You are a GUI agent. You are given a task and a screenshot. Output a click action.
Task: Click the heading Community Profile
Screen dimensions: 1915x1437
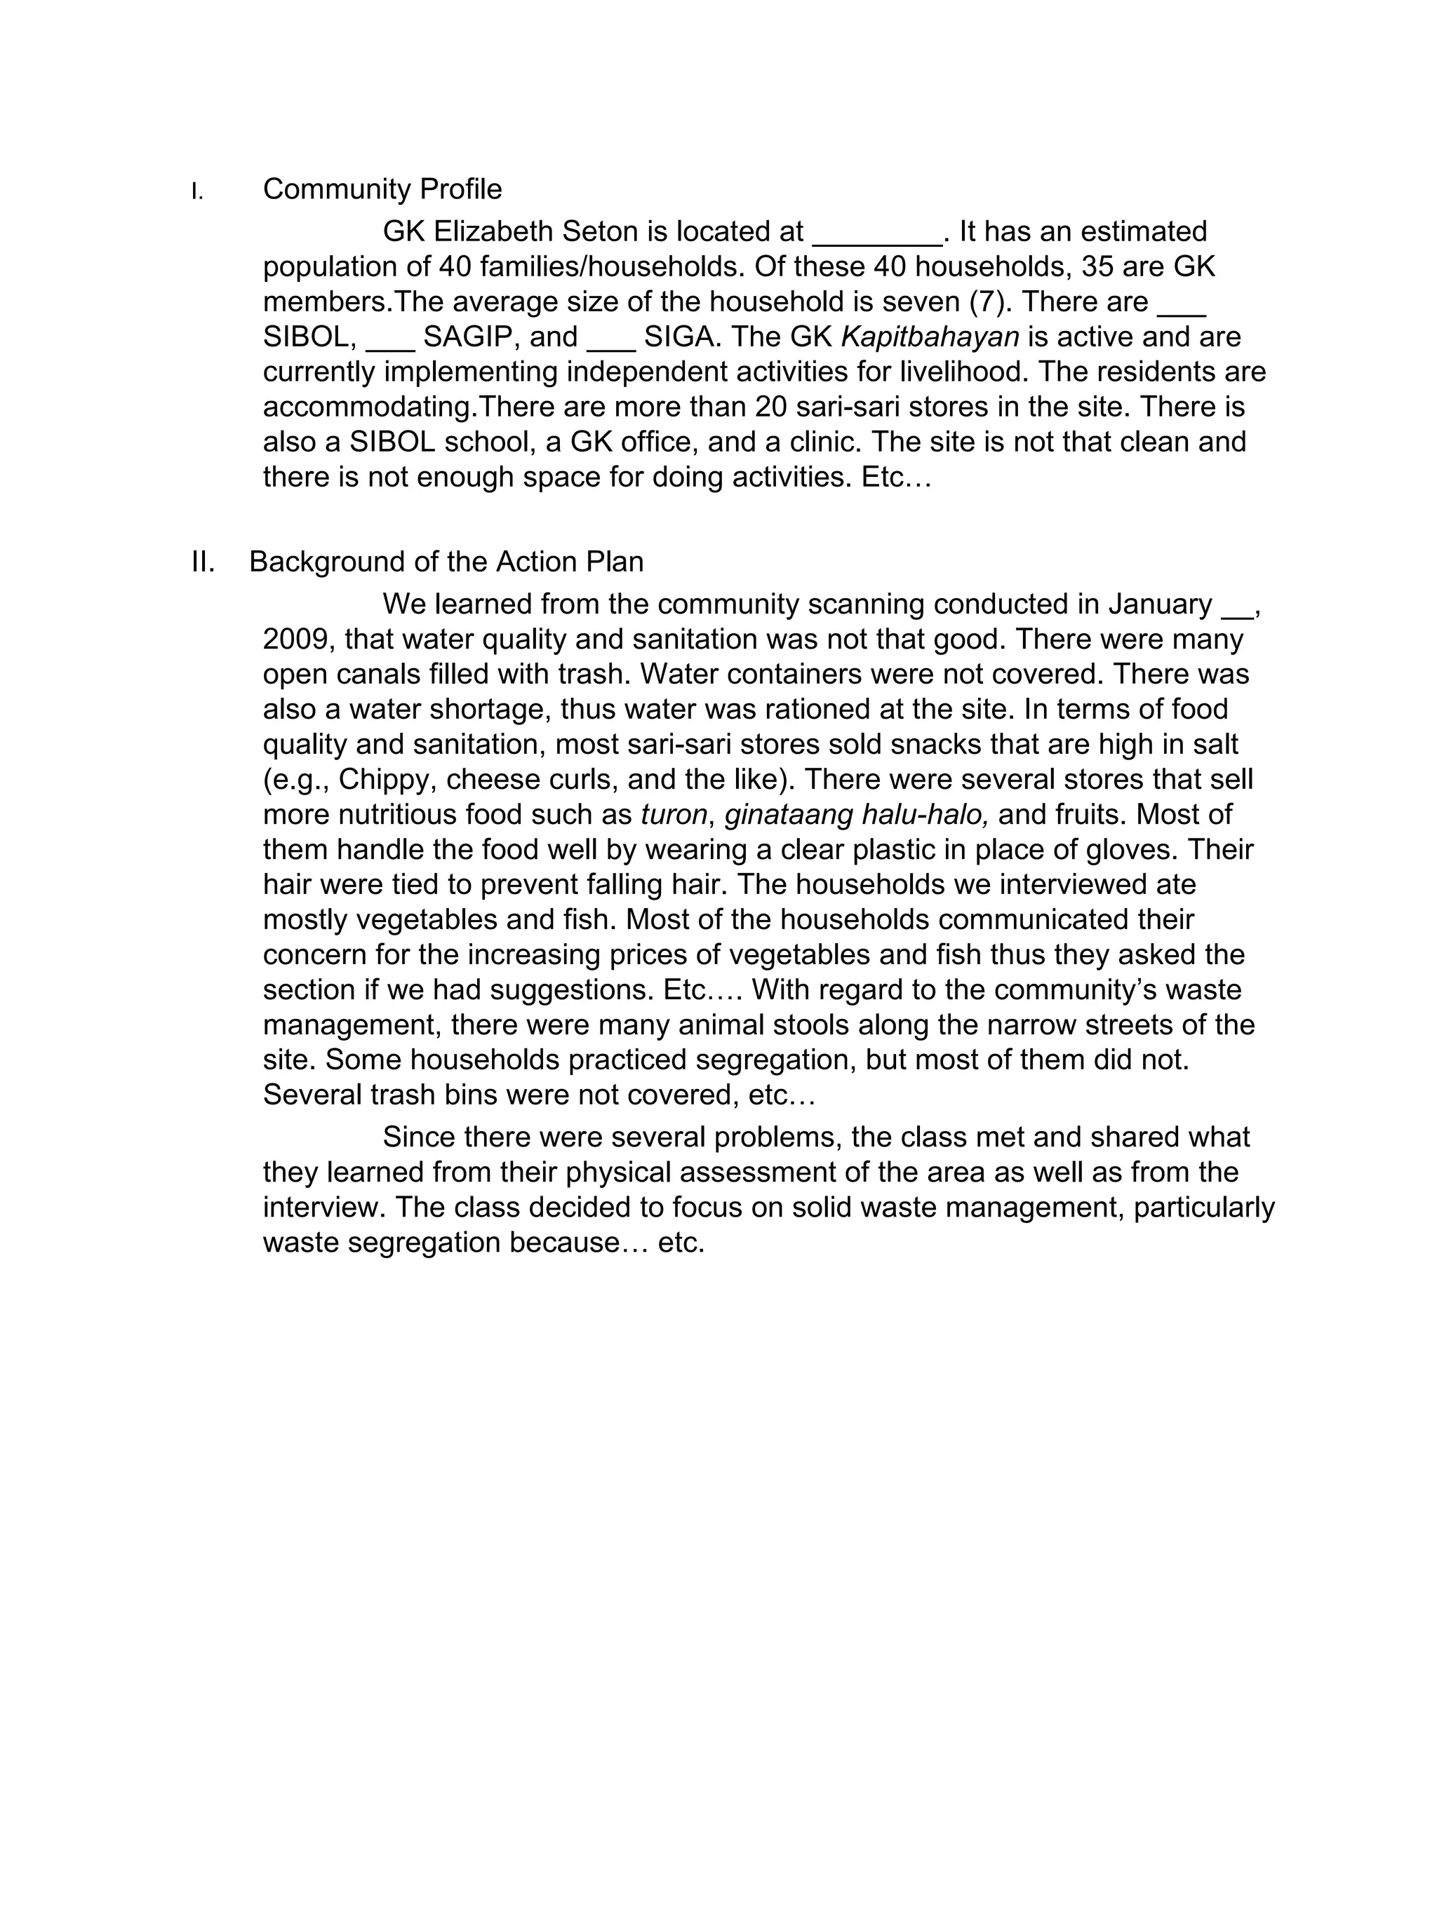click(x=382, y=189)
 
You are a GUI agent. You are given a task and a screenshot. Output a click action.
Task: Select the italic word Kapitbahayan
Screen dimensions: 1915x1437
click(x=930, y=337)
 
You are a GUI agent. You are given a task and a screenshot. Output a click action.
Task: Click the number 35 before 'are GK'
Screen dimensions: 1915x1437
click(x=1097, y=266)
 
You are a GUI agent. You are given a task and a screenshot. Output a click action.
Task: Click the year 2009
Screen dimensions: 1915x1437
click(x=296, y=640)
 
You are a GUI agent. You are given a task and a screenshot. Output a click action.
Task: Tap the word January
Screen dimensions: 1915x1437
click(x=1160, y=604)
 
